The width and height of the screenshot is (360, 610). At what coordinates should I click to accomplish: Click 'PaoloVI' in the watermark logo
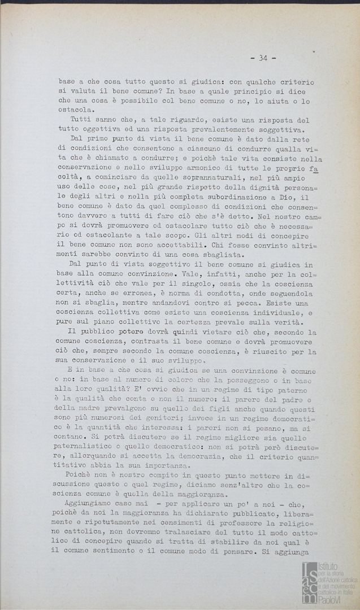click(x=333, y=600)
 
